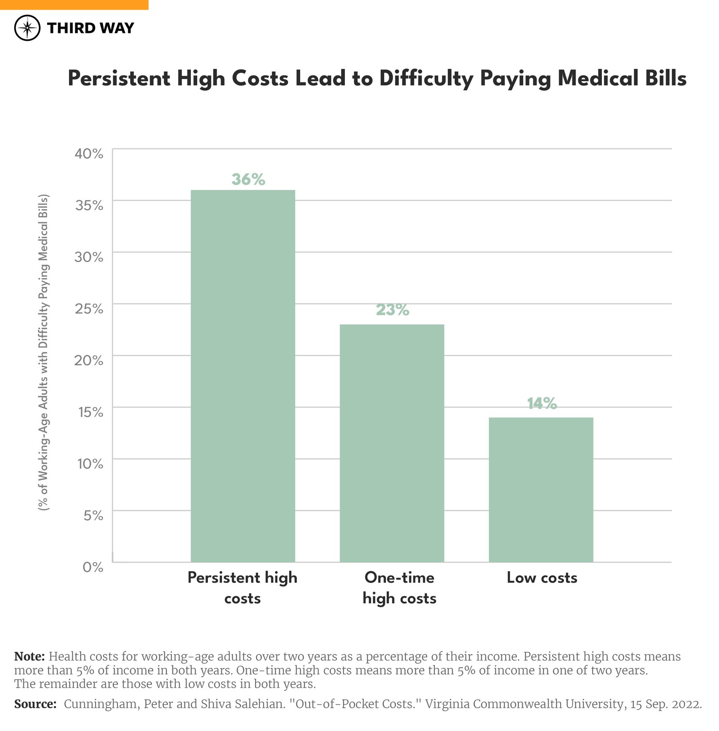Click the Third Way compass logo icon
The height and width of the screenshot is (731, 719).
click(27, 28)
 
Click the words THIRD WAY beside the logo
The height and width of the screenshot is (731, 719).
click(90, 28)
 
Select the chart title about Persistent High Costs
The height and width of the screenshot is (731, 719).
click(377, 79)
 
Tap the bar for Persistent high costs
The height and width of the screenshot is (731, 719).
click(242, 376)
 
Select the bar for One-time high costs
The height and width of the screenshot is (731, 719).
click(392, 443)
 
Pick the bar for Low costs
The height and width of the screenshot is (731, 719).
click(541, 490)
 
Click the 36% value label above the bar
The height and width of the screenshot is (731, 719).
click(248, 180)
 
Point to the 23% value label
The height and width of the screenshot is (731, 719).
click(393, 310)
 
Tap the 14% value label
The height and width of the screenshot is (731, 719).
click(542, 403)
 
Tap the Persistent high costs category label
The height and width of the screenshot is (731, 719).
click(242, 588)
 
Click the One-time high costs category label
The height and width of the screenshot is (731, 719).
click(399, 588)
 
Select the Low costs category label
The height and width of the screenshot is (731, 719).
click(542, 578)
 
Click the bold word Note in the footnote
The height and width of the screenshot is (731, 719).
click(29, 657)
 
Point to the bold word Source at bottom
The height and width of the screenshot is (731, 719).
click(35, 704)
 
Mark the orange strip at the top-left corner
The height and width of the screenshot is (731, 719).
click(74, 4)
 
